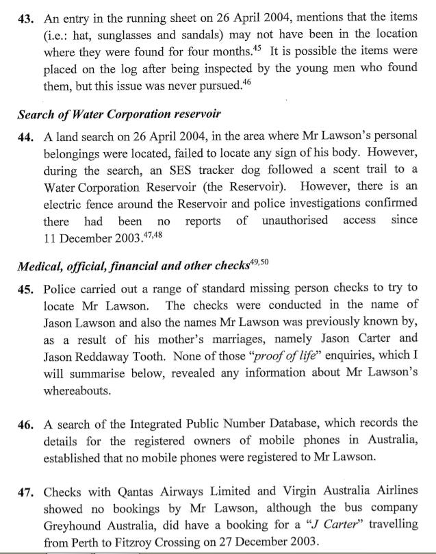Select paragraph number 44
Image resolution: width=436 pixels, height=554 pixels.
[x=26, y=136]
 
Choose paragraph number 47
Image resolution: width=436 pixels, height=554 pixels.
[x=27, y=492]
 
